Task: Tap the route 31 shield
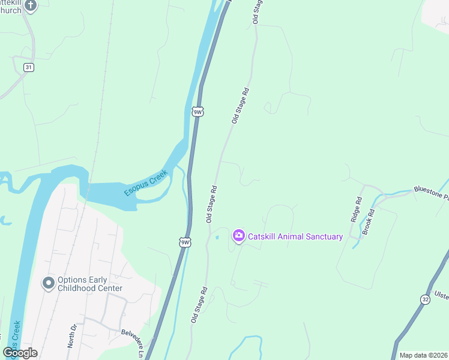tap(28, 67)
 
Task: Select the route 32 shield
tap(425, 299)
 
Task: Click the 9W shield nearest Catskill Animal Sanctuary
tap(185, 242)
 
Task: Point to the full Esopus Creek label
tap(146, 182)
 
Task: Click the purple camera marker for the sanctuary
tap(238, 236)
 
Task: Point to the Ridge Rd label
tap(355, 208)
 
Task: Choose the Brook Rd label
tap(372, 205)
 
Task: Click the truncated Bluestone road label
tap(431, 193)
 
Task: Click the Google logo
tap(20, 353)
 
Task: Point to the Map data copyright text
tap(423, 355)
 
